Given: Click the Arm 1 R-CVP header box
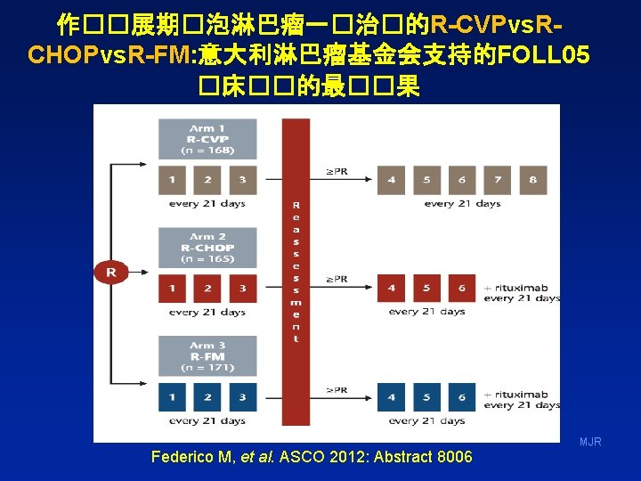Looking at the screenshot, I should click(x=207, y=140).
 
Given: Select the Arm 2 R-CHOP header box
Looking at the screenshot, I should click(x=207, y=248).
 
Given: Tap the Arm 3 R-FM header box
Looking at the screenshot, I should click(x=207, y=356).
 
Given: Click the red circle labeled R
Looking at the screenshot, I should click(x=111, y=271).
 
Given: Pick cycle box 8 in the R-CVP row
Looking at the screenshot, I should click(x=532, y=180).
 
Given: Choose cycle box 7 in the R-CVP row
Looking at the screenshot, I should click(x=498, y=180).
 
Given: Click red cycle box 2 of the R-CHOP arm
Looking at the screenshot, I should click(x=207, y=289).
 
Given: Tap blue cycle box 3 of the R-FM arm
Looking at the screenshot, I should click(x=242, y=396).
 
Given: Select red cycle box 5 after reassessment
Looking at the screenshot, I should click(x=426, y=289).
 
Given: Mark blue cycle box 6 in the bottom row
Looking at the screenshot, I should click(x=462, y=396).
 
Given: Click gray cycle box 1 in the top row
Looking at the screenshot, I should click(x=173, y=180).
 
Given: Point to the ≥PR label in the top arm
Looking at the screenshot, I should click(x=337, y=170).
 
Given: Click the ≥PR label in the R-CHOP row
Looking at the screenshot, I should click(x=337, y=279).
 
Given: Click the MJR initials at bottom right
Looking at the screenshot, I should click(x=590, y=442).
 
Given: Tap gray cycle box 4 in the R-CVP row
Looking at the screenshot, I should click(x=391, y=180).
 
